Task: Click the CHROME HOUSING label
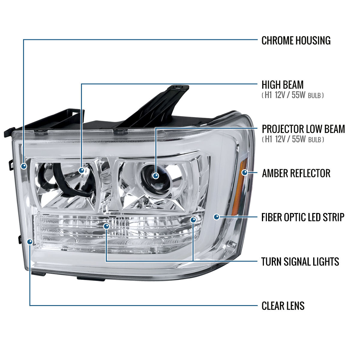click(x=296, y=40)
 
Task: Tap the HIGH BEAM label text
click(x=283, y=85)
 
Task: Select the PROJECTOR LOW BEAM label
click(x=303, y=129)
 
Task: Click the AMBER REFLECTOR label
click(x=296, y=173)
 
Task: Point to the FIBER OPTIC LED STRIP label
click(x=303, y=217)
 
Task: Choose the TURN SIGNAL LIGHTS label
click(x=300, y=262)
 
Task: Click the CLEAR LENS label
click(x=283, y=306)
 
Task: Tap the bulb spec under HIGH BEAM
click(x=292, y=95)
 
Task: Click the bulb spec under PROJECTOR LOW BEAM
click(x=293, y=139)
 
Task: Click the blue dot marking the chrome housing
click(x=24, y=166)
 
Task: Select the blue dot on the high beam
click(x=82, y=170)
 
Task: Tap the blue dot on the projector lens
click(x=156, y=175)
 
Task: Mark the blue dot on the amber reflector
click(x=245, y=172)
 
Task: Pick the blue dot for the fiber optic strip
click(x=217, y=217)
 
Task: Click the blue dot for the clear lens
click(x=30, y=242)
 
